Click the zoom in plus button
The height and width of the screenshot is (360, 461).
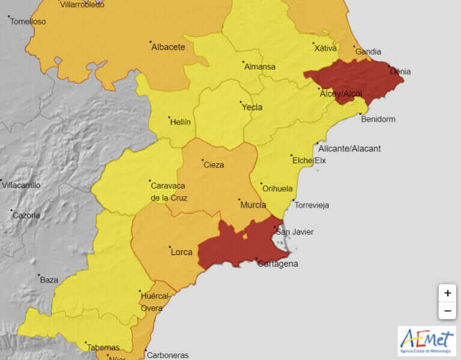[x=447, y=293]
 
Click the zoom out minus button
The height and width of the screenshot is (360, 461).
[x=447, y=311]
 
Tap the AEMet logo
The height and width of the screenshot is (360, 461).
[x=427, y=341]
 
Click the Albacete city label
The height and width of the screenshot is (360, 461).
[x=168, y=47]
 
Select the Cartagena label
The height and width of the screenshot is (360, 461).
[x=277, y=264]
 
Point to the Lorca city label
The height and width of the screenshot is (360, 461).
[x=181, y=252]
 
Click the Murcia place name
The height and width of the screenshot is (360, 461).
[x=253, y=205]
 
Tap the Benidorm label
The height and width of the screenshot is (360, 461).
[x=378, y=119]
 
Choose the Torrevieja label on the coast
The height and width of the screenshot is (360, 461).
[x=312, y=205]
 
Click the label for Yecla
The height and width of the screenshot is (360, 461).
[x=252, y=107]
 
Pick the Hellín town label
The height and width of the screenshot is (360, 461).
[x=180, y=122]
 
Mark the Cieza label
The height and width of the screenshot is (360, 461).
[x=214, y=165]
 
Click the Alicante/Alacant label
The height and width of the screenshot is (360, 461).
[x=349, y=149]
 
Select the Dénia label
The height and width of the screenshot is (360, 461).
[x=400, y=71]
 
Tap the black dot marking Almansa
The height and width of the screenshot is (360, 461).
[x=243, y=62]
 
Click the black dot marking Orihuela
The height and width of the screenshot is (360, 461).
[x=261, y=184]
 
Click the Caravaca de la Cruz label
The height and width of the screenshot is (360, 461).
[x=169, y=192]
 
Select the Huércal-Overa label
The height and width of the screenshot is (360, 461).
[x=155, y=302]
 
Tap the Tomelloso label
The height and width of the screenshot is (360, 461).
[x=28, y=22]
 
